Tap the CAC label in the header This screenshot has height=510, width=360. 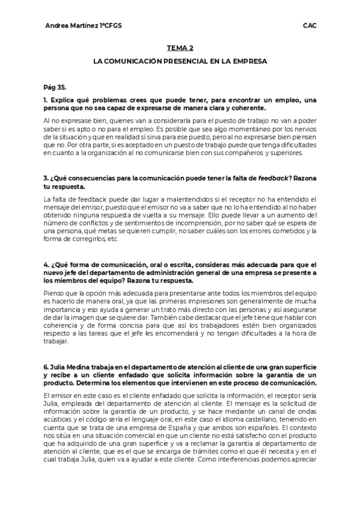click(x=310, y=26)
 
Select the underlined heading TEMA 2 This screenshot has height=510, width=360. click(x=180, y=48)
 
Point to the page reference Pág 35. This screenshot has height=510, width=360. click(x=55, y=87)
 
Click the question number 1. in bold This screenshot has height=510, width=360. click(x=46, y=100)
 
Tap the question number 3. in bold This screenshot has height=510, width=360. click(x=46, y=179)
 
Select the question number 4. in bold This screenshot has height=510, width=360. click(x=46, y=265)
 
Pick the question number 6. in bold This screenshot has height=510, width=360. click(x=46, y=366)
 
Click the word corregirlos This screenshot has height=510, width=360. click(x=84, y=239)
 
